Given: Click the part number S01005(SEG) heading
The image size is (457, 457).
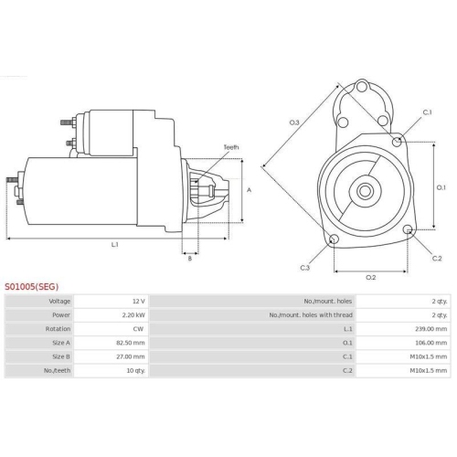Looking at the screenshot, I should [x=31, y=286].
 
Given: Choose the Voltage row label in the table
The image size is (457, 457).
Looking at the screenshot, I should [x=59, y=301].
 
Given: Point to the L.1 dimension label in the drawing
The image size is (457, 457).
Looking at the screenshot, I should [x=115, y=245].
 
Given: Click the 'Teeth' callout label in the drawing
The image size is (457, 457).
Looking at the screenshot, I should [x=230, y=147].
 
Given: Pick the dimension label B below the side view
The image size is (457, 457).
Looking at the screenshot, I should [x=189, y=259].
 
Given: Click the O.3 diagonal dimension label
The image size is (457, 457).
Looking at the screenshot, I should [x=294, y=122].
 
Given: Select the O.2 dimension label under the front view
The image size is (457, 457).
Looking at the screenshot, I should [x=371, y=276].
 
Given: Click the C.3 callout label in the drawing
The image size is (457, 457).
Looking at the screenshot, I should [x=304, y=267].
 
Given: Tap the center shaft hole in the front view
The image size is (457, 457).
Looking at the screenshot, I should [x=365, y=192].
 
